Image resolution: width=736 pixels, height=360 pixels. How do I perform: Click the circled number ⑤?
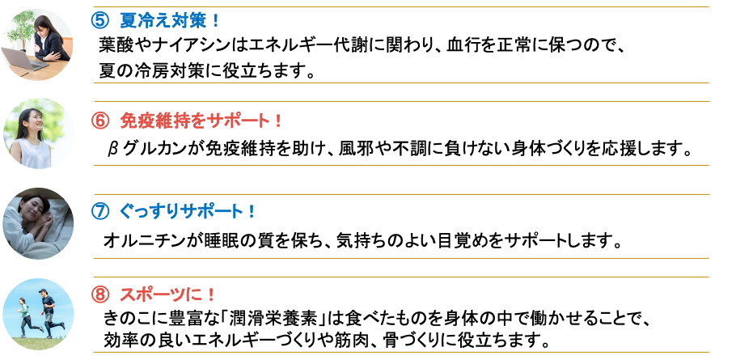point(99,21)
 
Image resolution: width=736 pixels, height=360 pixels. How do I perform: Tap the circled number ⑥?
point(99,121)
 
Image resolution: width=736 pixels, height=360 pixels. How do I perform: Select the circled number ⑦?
point(99,212)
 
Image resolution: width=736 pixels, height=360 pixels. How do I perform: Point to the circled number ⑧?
point(99,294)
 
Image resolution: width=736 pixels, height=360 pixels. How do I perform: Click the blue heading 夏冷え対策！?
point(170,21)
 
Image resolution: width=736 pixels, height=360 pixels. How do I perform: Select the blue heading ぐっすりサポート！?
point(188,212)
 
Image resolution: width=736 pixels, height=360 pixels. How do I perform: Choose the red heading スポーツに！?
point(167,294)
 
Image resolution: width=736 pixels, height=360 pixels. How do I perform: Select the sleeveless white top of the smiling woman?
point(37,155)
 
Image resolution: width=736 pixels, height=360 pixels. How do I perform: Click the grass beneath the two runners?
point(38,341)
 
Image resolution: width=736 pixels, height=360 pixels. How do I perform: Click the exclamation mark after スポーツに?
point(212,294)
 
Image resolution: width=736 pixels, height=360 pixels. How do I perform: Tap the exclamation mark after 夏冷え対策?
point(215,21)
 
